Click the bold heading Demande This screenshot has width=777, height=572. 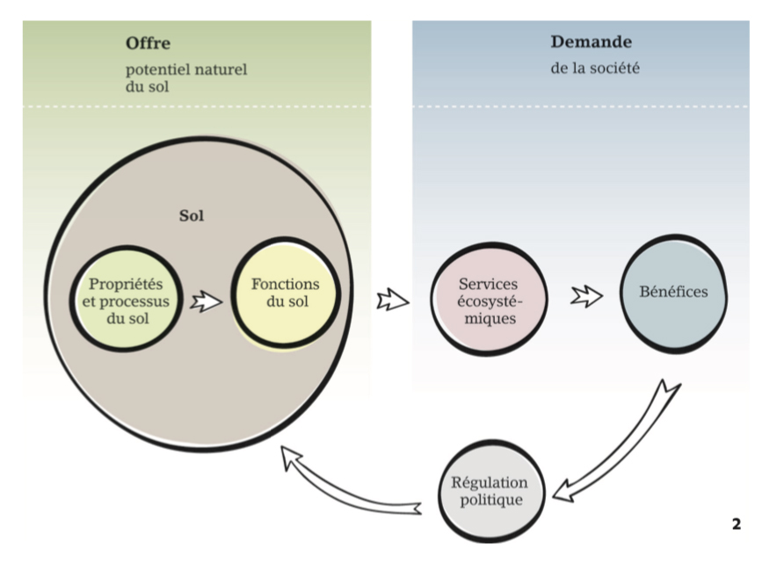click(x=591, y=41)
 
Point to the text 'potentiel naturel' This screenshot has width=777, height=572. click(x=185, y=69)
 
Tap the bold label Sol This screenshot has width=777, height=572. click(x=191, y=215)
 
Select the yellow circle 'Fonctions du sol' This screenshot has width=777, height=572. click(x=285, y=294)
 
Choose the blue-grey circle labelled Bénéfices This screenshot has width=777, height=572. click(x=675, y=293)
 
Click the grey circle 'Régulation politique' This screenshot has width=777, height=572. click(x=489, y=492)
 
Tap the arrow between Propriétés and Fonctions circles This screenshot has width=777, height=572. click(x=206, y=302)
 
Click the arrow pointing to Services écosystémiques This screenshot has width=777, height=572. click(x=392, y=300)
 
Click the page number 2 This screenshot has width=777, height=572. click(x=736, y=525)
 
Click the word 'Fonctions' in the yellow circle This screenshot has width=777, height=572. click(x=285, y=285)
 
